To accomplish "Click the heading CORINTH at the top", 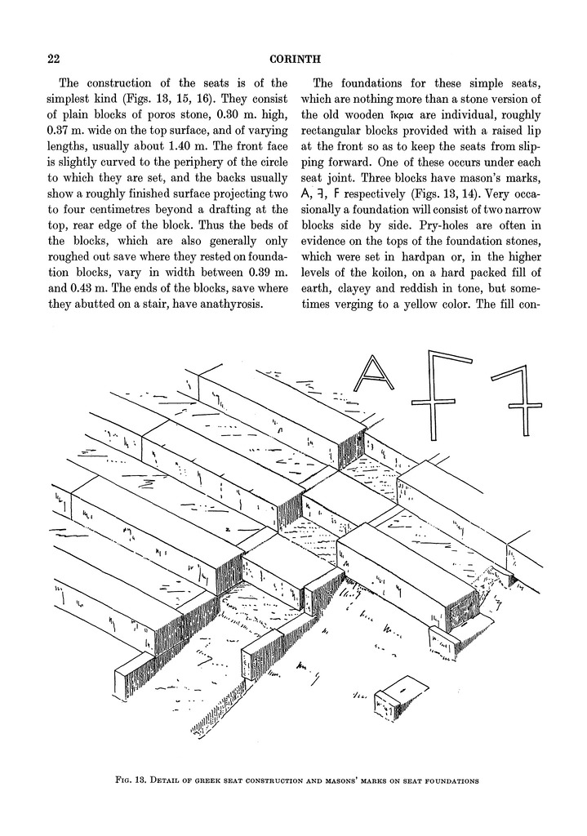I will click(293, 59).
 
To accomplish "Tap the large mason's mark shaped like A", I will click(375, 375).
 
